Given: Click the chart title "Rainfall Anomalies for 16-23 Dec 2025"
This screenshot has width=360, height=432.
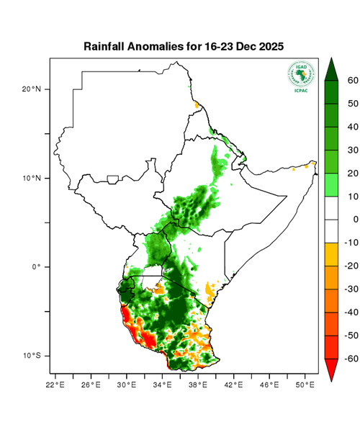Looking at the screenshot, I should pyautogui.click(x=184, y=46).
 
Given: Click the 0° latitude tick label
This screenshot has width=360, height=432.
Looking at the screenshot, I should pyautogui.click(x=36, y=267).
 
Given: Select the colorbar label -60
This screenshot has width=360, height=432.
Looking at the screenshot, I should pyautogui.click(x=351, y=358).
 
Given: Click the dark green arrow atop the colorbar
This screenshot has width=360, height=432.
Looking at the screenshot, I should pyautogui.click(x=332, y=68).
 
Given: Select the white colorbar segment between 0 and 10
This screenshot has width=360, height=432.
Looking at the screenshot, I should pyautogui.click(x=332, y=207).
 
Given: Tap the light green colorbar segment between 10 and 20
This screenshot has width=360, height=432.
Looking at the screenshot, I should pyautogui.click(x=332, y=184).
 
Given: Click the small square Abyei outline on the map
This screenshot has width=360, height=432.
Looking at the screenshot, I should pyautogui.click(x=113, y=179).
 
